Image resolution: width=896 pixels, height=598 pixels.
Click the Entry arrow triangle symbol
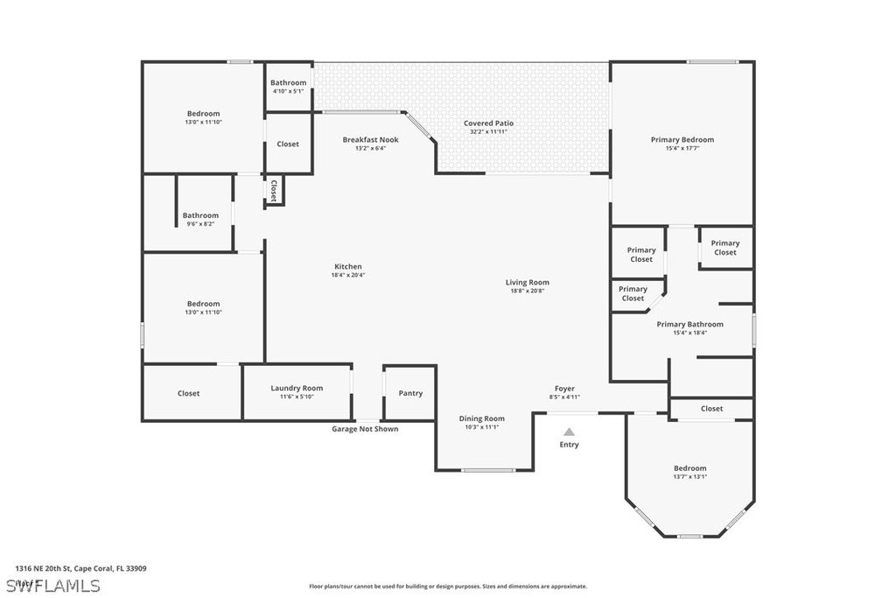pos(569,432)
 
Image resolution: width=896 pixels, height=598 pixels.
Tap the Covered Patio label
pos(488,123)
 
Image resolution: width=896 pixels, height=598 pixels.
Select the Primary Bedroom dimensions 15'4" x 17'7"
pos(682,149)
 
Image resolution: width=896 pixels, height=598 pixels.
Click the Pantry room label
pos(410,393)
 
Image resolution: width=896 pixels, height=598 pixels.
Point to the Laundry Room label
pos(297,388)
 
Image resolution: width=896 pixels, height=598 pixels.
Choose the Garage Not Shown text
pos(365,429)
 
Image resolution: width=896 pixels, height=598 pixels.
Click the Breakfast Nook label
pos(370,140)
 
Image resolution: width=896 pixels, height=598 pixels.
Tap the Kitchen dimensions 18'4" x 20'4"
pos(347,275)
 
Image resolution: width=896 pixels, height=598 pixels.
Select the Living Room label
pos(527,282)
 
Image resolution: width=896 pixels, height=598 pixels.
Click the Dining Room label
pos(482,419)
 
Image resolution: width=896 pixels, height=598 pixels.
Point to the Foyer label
pos(564,389)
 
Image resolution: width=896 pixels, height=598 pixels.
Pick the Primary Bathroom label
pos(689,324)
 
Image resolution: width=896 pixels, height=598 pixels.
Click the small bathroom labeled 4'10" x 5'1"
pos(288,87)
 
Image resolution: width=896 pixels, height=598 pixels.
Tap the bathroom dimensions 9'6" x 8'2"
pos(200,224)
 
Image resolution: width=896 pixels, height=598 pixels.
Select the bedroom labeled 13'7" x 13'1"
pos(689,473)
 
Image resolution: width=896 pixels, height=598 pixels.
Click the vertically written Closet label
pos(274,191)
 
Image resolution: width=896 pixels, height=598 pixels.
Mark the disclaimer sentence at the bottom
pos(447,587)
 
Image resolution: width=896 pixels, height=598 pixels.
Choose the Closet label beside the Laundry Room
pos(188,394)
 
